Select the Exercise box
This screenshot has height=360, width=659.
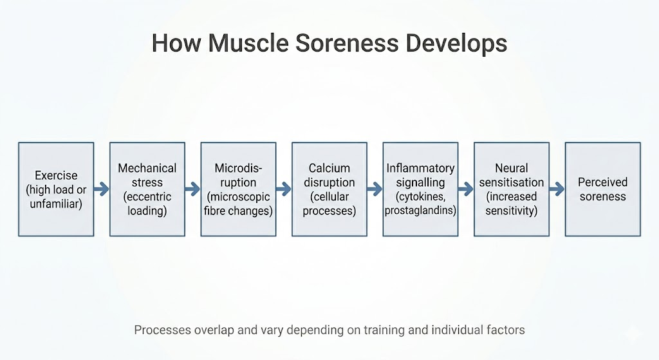pyautogui.click(x=56, y=189)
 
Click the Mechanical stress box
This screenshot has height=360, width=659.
pyautogui.click(x=147, y=189)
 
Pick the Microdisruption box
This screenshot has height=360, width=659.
pyautogui.click(x=238, y=189)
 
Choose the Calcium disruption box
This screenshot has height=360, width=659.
pyautogui.click(x=329, y=189)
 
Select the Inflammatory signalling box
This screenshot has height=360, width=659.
pyautogui.click(x=421, y=189)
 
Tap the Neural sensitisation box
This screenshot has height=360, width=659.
pyautogui.click(x=512, y=189)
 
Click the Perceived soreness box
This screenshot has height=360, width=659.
pyautogui.click(x=603, y=189)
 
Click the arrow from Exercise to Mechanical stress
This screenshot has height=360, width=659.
pyautogui.click(x=102, y=189)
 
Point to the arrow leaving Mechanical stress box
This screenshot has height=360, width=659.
pyautogui.click(x=193, y=189)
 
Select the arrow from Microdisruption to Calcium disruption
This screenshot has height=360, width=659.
pyautogui.click(x=284, y=189)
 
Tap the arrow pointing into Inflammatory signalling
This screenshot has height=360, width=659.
pyautogui.click(x=375, y=189)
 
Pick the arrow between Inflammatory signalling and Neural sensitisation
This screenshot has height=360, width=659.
pyautogui.click(x=467, y=189)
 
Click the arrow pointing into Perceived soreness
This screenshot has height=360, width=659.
pyautogui.click(x=557, y=189)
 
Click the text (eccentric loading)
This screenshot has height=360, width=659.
pyautogui.click(x=147, y=204)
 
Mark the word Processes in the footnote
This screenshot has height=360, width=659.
pyautogui.click(x=162, y=330)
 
